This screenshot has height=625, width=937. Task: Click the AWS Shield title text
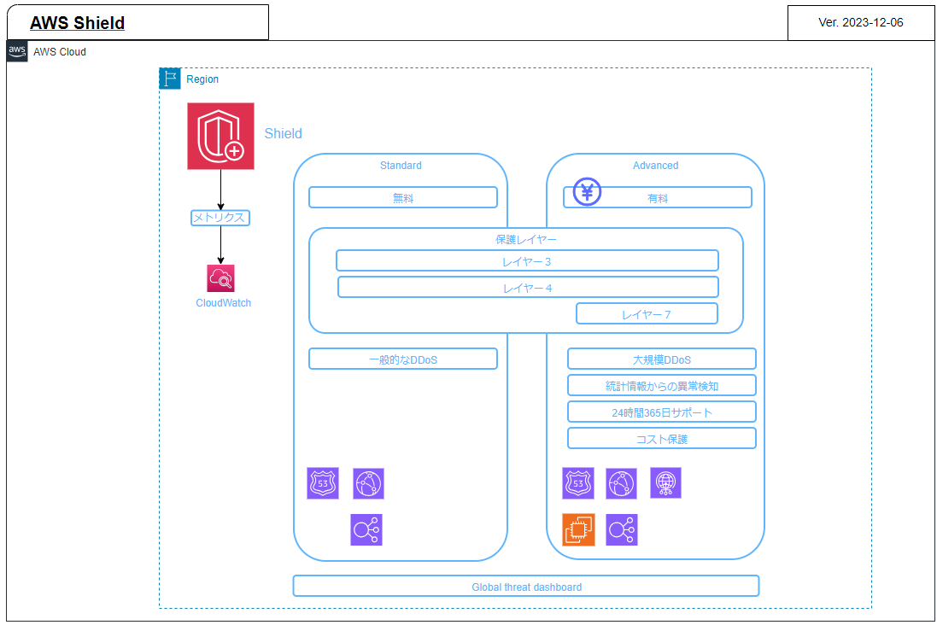click(x=77, y=23)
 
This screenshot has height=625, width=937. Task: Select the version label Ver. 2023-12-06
click(x=860, y=23)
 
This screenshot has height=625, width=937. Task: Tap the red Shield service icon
click(x=220, y=136)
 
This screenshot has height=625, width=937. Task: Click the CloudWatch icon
click(x=220, y=278)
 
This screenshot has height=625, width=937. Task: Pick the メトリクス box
click(x=220, y=218)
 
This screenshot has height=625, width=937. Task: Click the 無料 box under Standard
click(x=402, y=197)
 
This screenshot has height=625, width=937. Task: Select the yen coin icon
click(x=587, y=192)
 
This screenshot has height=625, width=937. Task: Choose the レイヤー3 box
click(x=527, y=260)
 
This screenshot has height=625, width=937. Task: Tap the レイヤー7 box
click(x=647, y=313)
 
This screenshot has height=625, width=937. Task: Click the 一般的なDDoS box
click(x=402, y=359)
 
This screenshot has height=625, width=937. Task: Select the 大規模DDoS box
click(x=661, y=359)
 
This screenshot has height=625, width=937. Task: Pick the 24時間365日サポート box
click(x=661, y=412)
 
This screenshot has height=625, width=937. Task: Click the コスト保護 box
click(x=661, y=438)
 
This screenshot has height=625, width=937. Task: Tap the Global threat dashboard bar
click(x=526, y=586)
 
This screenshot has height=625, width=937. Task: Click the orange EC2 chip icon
click(x=578, y=529)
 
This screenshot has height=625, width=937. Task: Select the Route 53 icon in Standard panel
click(x=323, y=483)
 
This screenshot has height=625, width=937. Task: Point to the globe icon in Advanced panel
click(x=665, y=483)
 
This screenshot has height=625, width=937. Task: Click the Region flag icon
click(x=170, y=79)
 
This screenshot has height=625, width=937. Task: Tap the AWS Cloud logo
click(x=17, y=51)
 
